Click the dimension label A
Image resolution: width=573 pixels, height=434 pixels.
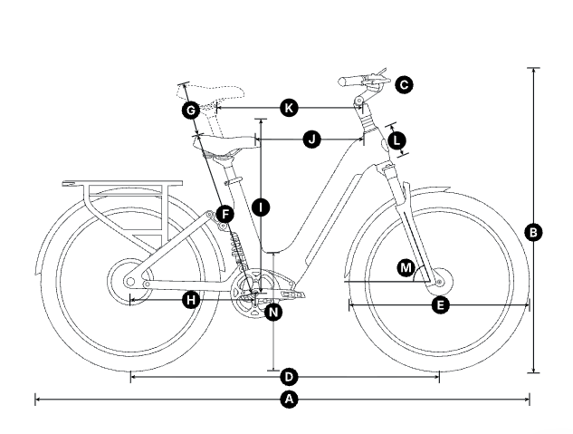(x=289, y=399)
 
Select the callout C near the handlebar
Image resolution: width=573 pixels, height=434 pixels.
(x=404, y=84)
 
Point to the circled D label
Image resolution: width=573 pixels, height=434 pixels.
(x=289, y=375)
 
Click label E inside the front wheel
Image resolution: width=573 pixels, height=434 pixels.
(x=440, y=305)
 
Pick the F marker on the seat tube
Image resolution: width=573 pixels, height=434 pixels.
(x=224, y=215)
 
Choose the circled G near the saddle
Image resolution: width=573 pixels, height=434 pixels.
(x=190, y=111)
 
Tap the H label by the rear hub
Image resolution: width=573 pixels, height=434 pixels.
(x=190, y=299)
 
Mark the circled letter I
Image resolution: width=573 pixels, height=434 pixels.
(x=261, y=207)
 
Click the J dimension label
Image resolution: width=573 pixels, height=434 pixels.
(x=311, y=140)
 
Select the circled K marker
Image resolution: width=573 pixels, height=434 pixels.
(x=289, y=108)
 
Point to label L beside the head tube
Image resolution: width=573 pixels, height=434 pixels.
(x=396, y=140)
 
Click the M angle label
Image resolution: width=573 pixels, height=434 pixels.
(x=406, y=268)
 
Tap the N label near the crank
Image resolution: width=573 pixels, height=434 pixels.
(x=273, y=312)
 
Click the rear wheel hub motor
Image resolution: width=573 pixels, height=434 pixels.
(x=122, y=281)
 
